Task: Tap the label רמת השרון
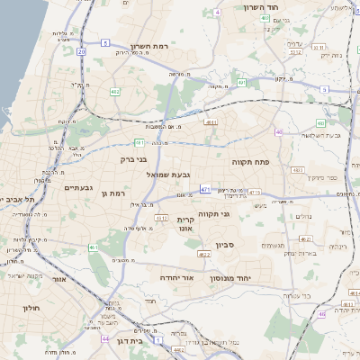149,46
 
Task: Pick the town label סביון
225,243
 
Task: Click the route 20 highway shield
82,51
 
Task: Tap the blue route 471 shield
206,189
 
